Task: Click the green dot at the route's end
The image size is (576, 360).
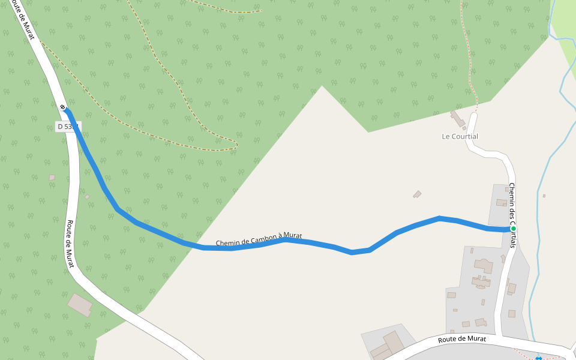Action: [514, 229]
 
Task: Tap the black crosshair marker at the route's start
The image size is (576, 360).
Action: [63, 107]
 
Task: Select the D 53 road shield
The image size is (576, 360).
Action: [67, 127]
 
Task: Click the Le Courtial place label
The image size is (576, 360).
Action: [460, 136]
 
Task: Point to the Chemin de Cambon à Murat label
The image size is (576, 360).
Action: [259, 239]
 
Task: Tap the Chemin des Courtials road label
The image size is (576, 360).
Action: [512, 215]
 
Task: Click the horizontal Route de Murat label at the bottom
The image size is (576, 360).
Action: [462, 340]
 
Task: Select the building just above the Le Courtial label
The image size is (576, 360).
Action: [458, 119]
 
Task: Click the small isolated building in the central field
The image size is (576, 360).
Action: [417, 194]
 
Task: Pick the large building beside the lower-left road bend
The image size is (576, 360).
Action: [80, 305]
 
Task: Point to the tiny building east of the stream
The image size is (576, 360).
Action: [544, 196]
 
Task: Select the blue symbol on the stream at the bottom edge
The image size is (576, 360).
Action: [538, 358]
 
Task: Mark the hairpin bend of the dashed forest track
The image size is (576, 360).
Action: [236, 145]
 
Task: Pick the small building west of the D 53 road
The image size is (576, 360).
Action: [52, 178]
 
